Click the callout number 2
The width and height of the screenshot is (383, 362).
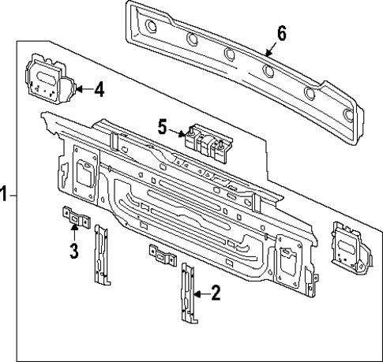click(x=216, y=293)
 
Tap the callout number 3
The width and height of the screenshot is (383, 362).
click(x=73, y=252)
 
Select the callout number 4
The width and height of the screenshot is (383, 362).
click(x=98, y=88)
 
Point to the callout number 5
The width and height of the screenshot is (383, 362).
click(x=162, y=125)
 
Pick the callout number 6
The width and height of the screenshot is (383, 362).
click(x=282, y=34)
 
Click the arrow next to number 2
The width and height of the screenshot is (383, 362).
click(x=200, y=293)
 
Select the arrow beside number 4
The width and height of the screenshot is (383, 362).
click(x=81, y=89)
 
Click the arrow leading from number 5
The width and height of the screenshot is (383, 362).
click(x=178, y=131)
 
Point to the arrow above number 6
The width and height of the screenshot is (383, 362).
click(x=271, y=50)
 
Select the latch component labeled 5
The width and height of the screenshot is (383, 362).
click(x=207, y=143)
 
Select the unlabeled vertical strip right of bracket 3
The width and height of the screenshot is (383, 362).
click(x=102, y=254)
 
